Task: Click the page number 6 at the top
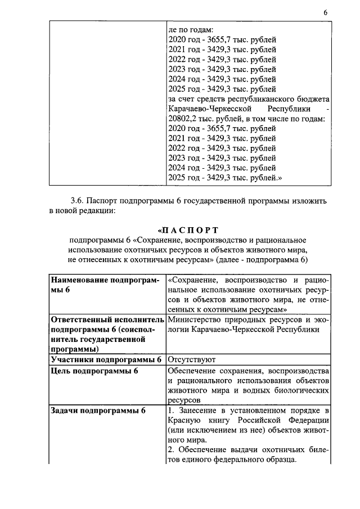click(x=325, y=12)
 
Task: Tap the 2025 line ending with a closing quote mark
click(x=224, y=178)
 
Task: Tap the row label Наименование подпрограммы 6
click(x=105, y=285)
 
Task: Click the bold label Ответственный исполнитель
click(x=102, y=319)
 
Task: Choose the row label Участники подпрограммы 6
click(x=106, y=359)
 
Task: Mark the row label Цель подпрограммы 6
click(x=94, y=371)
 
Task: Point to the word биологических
click(x=301, y=390)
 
